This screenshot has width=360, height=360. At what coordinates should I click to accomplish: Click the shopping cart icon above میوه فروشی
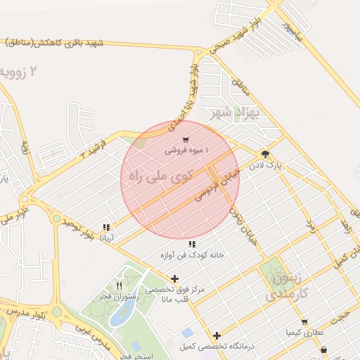coord(186,140)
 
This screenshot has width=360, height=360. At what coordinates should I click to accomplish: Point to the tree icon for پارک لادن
coord(265,154)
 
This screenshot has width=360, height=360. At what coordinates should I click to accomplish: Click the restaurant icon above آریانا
coord(106,227)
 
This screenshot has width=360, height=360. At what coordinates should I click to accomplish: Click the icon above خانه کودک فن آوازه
coord(191,244)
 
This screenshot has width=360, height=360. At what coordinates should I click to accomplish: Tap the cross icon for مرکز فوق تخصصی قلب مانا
coord(175,278)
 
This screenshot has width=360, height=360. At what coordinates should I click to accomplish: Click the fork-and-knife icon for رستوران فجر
coord(119,285)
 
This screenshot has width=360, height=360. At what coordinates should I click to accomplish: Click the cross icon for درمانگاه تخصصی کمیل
coord(217,335)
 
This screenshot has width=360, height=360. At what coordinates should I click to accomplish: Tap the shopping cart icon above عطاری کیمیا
coord(304,321)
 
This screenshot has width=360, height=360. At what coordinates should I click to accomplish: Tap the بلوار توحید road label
coord(77,227)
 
